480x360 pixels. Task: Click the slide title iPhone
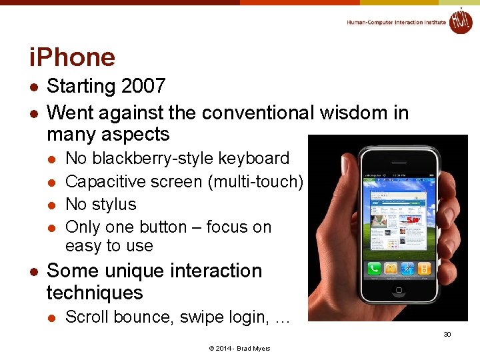tap(72, 57)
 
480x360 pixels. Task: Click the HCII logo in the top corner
tap(460, 21)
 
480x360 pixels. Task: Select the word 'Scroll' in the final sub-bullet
tap(87, 317)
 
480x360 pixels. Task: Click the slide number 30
tap(447, 334)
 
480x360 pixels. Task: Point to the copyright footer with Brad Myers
tap(239, 349)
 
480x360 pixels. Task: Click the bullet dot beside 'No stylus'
tap(51, 205)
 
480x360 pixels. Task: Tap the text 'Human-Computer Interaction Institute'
tap(396, 22)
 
